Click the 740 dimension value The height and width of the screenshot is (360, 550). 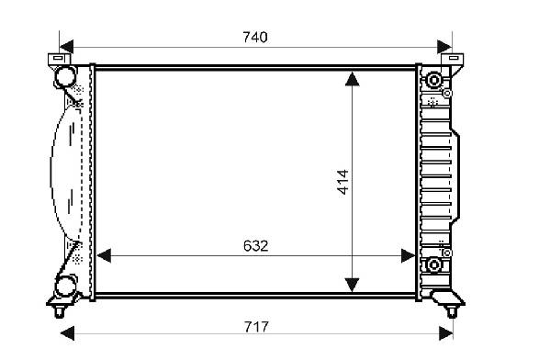[x=255, y=37]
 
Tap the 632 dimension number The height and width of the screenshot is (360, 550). [x=255, y=246]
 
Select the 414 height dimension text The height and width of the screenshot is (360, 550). [x=342, y=182]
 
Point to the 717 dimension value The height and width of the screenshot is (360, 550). [x=256, y=327]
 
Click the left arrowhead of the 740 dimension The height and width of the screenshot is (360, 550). [x=66, y=47]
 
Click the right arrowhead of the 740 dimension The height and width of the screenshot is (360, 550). [x=444, y=47]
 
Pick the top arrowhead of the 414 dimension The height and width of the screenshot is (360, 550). [x=353, y=79]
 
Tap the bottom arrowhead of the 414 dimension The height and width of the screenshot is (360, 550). [x=353, y=285]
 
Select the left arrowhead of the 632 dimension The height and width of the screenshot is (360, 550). [x=104, y=256]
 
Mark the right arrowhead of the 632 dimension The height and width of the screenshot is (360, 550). [x=409, y=256]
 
